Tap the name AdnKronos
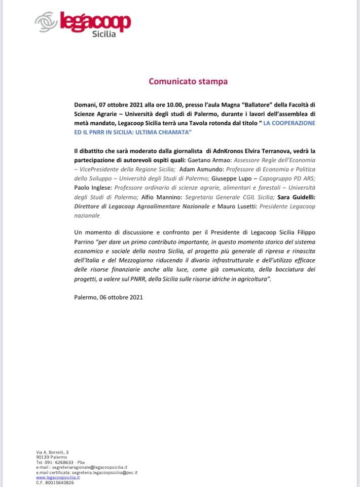coord(228,151)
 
